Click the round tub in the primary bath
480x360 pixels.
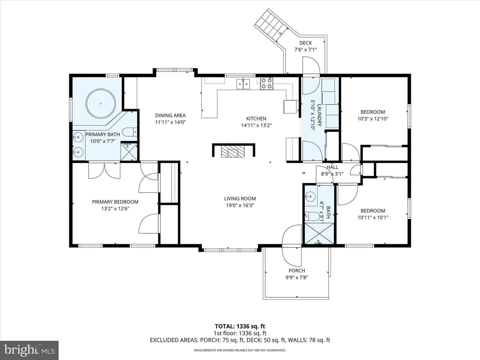click(x=101, y=103)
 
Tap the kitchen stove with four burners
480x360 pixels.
click(x=267, y=83)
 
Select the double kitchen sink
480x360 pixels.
click(x=243, y=84)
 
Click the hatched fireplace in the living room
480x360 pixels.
click(x=232, y=151)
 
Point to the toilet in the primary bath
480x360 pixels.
click(x=129, y=132)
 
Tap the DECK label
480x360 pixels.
click(x=305, y=43)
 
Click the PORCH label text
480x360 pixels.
click(x=297, y=271)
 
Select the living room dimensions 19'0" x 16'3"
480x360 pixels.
click(x=240, y=205)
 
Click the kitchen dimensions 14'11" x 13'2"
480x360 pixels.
click(x=256, y=125)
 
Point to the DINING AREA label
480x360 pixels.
click(x=170, y=115)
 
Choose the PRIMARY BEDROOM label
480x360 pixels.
click(x=115, y=202)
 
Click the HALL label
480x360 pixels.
click(x=332, y=167)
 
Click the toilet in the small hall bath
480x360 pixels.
click(x=312, y=216)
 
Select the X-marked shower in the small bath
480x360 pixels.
click(x=319, y=233)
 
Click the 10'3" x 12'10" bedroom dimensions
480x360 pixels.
click(x=373, y=119)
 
